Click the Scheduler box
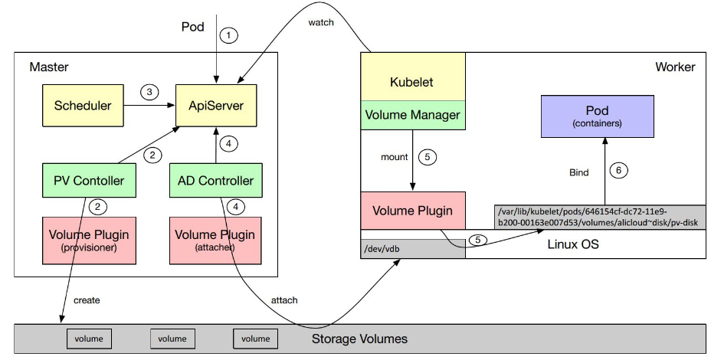[x=82, y=106]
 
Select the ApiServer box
[x=216, y=106]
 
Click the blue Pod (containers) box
[x=596, y=116]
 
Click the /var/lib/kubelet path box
[x=599, y=216]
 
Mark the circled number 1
[x=228, y=34]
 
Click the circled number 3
[x=150, y=92]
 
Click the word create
[x=87, y=300]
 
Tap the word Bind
[x=578, y=172]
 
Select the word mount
[x=395, y=157]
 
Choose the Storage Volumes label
[x=359, y=339]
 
